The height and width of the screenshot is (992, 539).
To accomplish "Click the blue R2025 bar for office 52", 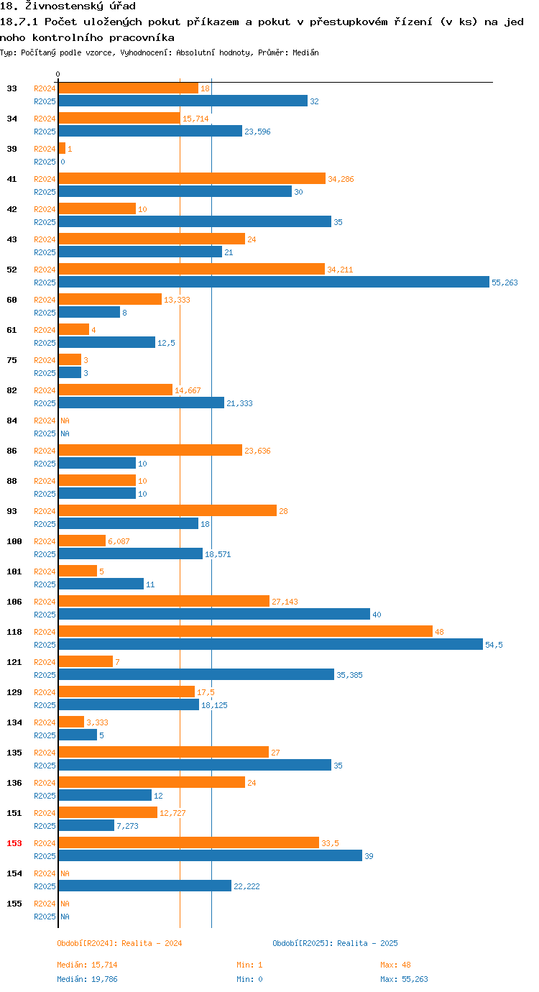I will pyautogui.click(x=273, y=282).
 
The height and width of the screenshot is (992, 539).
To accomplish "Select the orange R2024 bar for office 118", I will pyautogui.click(x=245, y=631).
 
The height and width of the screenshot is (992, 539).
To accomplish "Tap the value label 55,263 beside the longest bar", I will pyautogui.click(x=505, y=283).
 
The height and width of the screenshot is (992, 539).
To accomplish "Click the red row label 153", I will pyautogui.click(x=14, y=842).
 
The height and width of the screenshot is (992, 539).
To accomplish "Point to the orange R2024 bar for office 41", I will pyautogui.click(x=192, y=178).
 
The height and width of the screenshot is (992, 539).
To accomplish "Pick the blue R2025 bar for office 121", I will pyautogui.click(x=196, y=674).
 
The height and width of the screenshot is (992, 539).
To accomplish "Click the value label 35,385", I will pyautogui.click(x=349, y=675).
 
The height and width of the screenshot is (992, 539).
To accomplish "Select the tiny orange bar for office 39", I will pyautogui.click(x=62, y=148).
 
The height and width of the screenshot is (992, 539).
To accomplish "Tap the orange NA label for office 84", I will pyautogui.click(x=65, y=421).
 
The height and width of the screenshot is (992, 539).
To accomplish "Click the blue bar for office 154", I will pyautogui.click(x=144, y=886).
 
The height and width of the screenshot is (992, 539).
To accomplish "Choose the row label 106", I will pyautogui.click(x=14, y=601).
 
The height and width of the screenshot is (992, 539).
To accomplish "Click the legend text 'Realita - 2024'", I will pyautogui.click(x=152, y=943).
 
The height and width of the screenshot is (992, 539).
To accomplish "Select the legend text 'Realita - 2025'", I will pyautogui.click(x=367, y=943).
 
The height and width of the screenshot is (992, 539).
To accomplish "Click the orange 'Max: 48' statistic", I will pyautogui.click(x=395, y=965).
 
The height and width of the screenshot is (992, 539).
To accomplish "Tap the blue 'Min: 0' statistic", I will pyautogui.click(x=249, y=979).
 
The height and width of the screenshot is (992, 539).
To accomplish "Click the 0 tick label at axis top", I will pyautogui.click(x=58, y=74).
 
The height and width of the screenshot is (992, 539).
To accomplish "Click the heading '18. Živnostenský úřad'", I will pyautogui.click(x=68, y=6).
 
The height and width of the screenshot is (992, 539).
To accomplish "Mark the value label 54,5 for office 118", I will pyautogui.click(x=494, y=645).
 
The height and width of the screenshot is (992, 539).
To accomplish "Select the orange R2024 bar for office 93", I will pyautogui.click(x=167, y=510).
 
